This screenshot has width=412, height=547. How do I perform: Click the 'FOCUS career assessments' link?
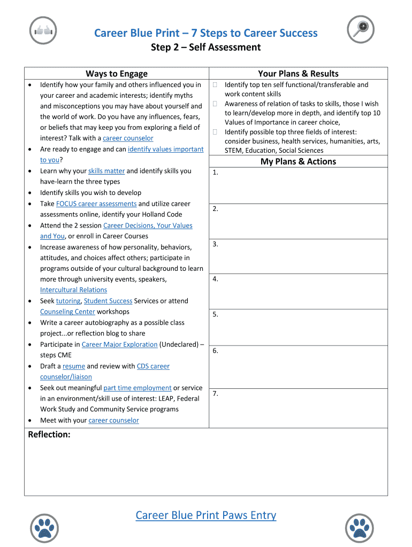click(x=96, y=204)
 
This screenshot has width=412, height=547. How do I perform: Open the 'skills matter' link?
click(x=106, y=171)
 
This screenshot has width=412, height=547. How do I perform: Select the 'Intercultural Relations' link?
click(x=73, y=290)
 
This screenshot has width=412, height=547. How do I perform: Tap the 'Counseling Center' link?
click(x=67, y=311)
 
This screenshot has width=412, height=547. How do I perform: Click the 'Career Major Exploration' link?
click(x=119, y=345)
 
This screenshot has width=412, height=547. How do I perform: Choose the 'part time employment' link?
click(x=138, y=388)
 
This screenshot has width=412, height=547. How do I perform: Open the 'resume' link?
click(x=74, y=366)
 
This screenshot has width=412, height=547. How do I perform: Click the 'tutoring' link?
click(x=68, y=301)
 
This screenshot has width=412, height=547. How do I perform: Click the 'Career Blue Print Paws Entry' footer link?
click(x=206, y=515)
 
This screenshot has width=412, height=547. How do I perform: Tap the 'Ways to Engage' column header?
click(x=117, y=74)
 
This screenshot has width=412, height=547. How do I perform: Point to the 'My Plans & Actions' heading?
click(x=298, y=161)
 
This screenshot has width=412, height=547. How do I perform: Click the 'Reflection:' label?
click(x=49, y=434)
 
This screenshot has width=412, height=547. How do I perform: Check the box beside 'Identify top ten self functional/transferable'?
click(x=215, y=85)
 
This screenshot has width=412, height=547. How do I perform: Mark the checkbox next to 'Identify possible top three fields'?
click(x=215, y=132)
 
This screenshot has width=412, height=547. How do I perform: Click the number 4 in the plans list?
click(x=215, y=279)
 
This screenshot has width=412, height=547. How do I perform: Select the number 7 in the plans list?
click(x=215, y=394)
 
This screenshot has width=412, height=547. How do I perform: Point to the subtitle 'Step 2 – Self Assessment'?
click(x=206, y=48)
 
